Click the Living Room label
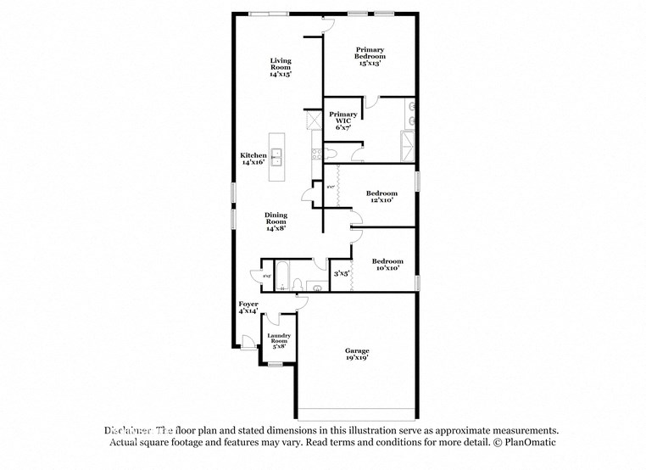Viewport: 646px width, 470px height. click(x=281, y=67)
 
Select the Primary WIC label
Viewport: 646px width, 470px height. click(x=342, y=120)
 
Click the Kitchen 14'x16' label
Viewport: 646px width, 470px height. click(x=253, y=159)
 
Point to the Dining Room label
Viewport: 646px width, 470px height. click(x=276, y=221)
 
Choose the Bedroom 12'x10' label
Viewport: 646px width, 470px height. click(x=381, y=197)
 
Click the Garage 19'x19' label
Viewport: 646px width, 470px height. click(x=357, y=354)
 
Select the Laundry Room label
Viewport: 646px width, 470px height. click(x=279, y=340)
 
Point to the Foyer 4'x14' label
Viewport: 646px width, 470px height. click(x=248, y=307)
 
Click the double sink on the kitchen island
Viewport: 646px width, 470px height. click(x=276, y=156)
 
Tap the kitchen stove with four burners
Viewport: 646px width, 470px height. click(x=315, y=154)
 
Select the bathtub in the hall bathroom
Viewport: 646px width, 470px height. click(x=284, y=275)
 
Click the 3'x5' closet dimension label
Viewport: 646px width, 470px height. click(x=342, y=273)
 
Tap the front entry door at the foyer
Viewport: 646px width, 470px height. click(x=247, y=342)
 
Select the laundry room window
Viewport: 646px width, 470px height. click(x=275, y=364)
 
